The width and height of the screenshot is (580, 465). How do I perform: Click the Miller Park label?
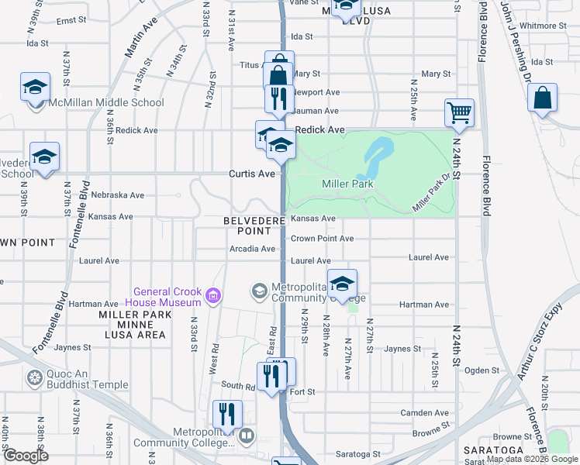click(x=347, y=184)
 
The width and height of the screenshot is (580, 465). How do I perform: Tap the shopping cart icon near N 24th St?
click(x=459, y=113)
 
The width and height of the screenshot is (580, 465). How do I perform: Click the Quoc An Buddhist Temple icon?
click(x=33, y=379)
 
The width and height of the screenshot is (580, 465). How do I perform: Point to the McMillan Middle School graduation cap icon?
click(x=35, y=88)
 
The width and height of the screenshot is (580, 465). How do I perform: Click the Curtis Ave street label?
click(x=252, y=174)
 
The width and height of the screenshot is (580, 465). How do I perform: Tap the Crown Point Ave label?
click(x=322, y=239)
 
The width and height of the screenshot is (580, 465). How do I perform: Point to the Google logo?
click(x=25, y=456)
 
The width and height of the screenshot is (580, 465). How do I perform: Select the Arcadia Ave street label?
click(x=252, y=249)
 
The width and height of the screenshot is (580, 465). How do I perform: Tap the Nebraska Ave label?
click(x=117, y=195)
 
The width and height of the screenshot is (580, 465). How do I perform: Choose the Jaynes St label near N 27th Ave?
click(x=402, y=349)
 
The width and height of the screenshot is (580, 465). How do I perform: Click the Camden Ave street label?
click(x=424, y=413)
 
